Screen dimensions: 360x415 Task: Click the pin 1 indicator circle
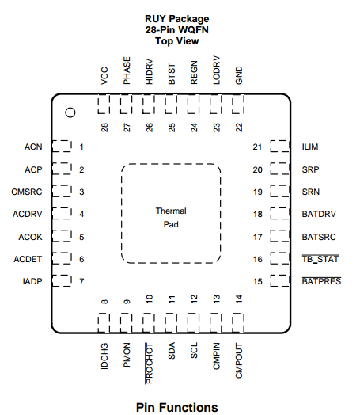click(x=70, y=112)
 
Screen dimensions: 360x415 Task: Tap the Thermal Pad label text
click(x=171, y=218)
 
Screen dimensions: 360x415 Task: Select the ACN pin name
click(x=33, y=147)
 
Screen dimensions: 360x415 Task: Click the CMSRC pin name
click(x=27, y=192)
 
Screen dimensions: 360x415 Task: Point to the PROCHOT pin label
click(x=149, y=363)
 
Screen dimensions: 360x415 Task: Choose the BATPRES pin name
click(x=321, y=281)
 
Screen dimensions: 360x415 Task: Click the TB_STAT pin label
click(x=320, y=259)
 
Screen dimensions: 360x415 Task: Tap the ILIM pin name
click(x=310, y=147)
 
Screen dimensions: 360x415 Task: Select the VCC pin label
click(x=104, y=76)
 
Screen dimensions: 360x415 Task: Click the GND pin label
click(x=239, y=75)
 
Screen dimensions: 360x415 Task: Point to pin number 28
click(x=104, y=128)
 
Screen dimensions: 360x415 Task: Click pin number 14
click(x=239, y=299)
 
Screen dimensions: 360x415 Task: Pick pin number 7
click(x=81, y=281)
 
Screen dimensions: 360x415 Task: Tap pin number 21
click(x=257, y=147)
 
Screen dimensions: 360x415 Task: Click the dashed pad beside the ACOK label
click(x=62, y=236)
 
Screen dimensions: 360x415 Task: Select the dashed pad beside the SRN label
click(x=280, y=191)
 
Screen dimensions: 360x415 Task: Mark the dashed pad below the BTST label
click(x=171, y=104)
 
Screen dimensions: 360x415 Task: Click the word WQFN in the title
click(x=194, y=30)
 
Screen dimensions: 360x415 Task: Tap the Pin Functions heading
click(x=176, y=408)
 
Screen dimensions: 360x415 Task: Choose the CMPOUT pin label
click(x=239, y=360)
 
